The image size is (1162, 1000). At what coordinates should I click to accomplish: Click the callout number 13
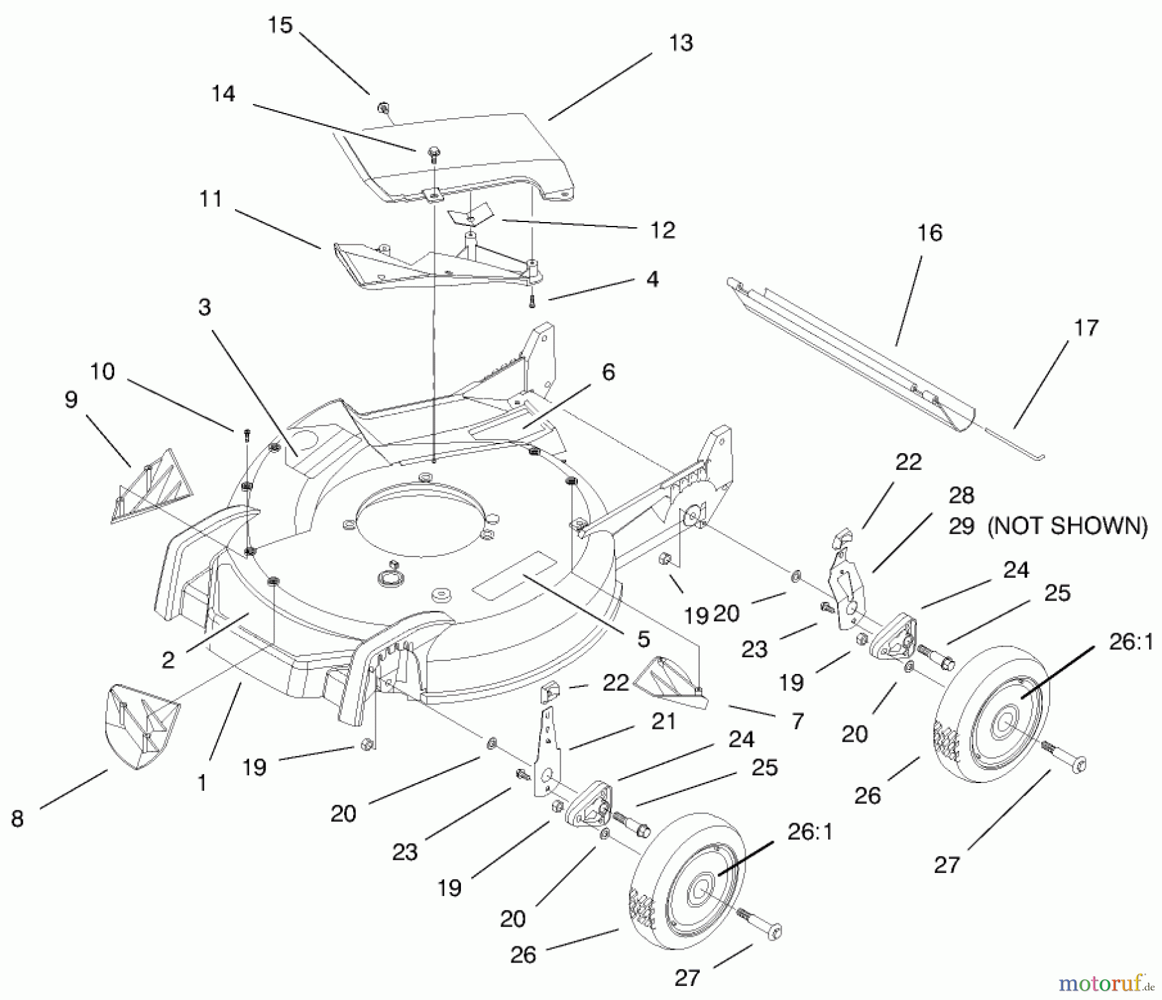681,43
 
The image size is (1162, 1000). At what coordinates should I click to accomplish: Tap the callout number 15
280,26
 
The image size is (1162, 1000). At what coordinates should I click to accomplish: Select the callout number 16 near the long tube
930,233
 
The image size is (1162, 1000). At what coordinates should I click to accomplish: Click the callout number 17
1086,328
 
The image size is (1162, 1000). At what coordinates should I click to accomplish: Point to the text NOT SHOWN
1068,526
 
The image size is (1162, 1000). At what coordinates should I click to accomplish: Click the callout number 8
17,819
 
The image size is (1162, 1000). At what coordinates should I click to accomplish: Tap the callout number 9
71,400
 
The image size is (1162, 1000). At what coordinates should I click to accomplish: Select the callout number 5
643,639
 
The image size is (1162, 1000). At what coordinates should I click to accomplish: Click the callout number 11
211,199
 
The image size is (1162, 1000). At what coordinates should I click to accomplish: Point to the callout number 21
662,721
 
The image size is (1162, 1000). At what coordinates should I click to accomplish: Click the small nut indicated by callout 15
382,106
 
